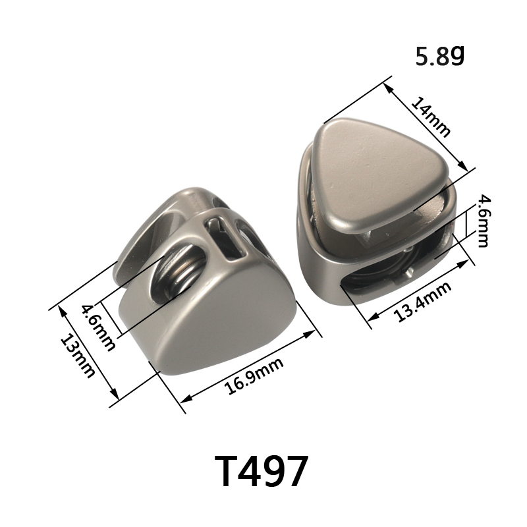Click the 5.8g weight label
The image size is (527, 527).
439,56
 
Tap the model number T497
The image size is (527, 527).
261,471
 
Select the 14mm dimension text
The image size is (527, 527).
430,117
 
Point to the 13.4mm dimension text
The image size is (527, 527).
422,302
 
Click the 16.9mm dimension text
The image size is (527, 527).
254,375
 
